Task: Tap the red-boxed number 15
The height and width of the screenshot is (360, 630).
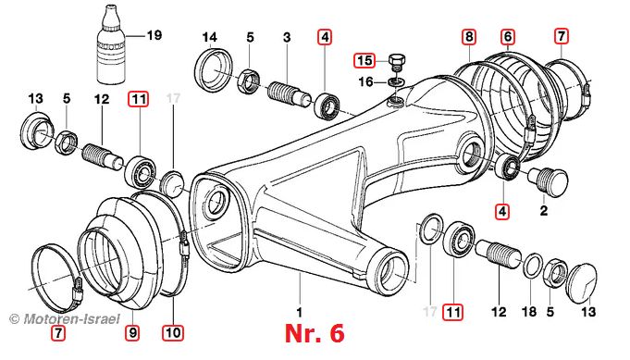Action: pos(364,61)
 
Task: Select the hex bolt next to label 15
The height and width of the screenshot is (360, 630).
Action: pos(397,62)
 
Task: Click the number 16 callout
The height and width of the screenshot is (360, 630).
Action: pos(365,82)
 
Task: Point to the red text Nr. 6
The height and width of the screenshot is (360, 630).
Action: pos(315,333)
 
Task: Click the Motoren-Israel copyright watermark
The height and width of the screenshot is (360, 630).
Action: pos(65,319)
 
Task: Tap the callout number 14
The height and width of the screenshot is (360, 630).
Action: pos(209,37)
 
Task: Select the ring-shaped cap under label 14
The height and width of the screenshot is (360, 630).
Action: pos(215,70)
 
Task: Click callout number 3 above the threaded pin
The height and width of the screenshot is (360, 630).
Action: pos(287,38)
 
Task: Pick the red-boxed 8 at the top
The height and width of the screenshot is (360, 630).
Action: pos(469,37)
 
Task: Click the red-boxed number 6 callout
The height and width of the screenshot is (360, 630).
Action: pos(508,37)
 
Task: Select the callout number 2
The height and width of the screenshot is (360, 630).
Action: pos(544,210)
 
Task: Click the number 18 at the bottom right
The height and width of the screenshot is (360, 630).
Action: pos(529,311)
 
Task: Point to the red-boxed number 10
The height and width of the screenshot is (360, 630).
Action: pos(173,332)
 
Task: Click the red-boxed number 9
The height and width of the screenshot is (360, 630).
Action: pos(133,332)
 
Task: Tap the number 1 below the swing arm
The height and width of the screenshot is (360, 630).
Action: pos(300,312)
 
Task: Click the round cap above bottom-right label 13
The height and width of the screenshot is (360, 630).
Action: pos(581,280)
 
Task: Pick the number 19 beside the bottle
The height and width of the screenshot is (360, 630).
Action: pos(154,35)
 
